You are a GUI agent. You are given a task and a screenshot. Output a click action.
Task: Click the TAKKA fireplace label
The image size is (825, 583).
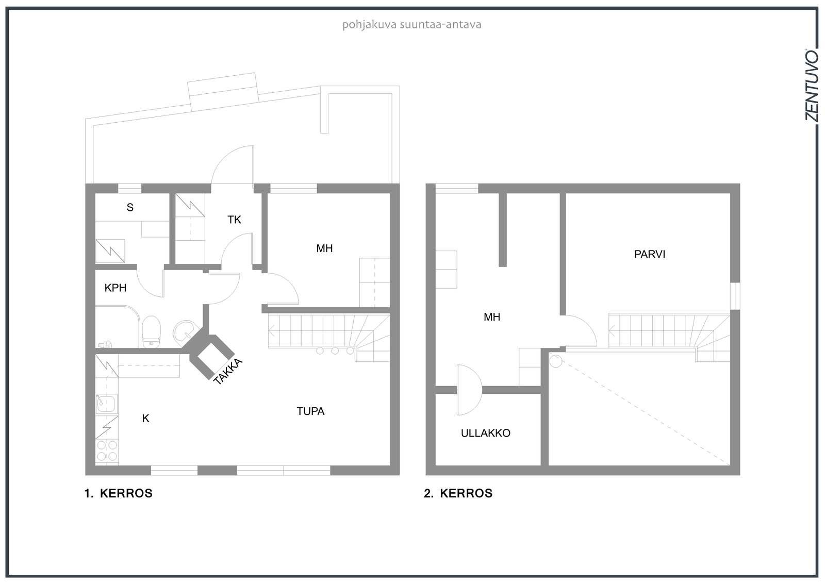(228, 371)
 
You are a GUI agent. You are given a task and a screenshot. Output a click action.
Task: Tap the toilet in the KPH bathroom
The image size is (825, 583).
(151, 331)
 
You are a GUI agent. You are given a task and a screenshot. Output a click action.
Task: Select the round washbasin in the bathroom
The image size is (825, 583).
(185, 332)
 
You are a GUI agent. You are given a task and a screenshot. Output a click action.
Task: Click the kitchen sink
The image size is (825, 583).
(106, 403)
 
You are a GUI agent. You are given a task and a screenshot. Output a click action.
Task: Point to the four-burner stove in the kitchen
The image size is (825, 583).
(107, 451)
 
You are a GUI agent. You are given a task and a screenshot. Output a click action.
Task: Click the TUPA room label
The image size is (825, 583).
(310, 411)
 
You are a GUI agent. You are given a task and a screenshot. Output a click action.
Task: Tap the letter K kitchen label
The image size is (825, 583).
(146, 419)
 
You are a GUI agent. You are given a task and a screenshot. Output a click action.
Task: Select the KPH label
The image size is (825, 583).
(115, 288)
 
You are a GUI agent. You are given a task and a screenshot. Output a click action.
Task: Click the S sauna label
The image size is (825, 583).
(130, 207)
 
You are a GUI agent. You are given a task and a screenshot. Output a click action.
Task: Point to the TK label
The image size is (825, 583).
(234, 220)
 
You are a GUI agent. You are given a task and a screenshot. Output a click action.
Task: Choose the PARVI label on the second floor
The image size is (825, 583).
(650, 255)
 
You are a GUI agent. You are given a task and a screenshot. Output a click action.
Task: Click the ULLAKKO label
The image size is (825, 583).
(485, 433)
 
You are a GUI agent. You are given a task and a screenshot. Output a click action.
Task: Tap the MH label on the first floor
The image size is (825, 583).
(324, 248)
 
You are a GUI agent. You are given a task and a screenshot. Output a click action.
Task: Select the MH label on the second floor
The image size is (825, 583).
(492, 317)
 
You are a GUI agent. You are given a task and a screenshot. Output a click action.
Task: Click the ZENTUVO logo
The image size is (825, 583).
(812, 85)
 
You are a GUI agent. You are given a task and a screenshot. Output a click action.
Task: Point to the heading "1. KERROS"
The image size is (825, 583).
(118, 493)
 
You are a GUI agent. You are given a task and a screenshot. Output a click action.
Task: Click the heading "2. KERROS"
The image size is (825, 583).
(458, 493)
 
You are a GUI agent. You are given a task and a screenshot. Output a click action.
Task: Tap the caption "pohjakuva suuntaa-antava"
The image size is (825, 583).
(412, 25)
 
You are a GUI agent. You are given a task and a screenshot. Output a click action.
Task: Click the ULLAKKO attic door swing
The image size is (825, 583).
(469, 390)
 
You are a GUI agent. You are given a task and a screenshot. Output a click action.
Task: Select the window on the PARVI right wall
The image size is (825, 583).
(735, 296)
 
